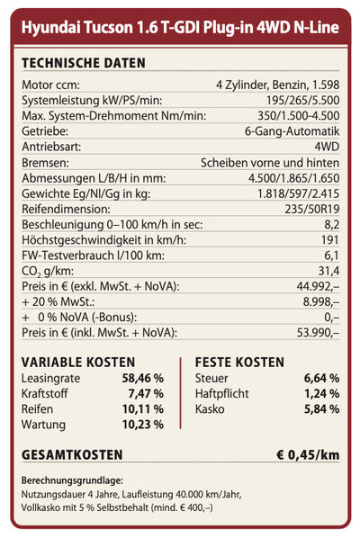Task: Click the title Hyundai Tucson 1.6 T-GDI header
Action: [180, 28]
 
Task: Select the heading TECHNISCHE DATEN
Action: [84, 63]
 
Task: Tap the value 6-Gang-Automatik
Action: [292, 131]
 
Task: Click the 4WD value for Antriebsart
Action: [327, 147]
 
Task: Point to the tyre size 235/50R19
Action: [312, 210]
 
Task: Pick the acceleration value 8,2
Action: [332, 225]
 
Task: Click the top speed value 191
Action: [330, 240]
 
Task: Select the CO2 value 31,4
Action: [328, 271]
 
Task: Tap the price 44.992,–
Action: [318, 286]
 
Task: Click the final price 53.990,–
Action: [318, 333]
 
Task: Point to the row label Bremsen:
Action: [45, 163]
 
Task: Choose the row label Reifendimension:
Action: [66, 210]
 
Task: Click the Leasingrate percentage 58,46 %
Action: [143, 379]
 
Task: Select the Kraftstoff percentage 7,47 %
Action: [146, 394]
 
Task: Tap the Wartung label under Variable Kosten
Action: [43, 425]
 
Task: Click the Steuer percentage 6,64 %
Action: [321, 379]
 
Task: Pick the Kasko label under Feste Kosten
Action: [210, 409]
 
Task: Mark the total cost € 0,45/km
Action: [308, 455]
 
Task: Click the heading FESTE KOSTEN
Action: [239, 363]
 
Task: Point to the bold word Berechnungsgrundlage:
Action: [72, 481]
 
